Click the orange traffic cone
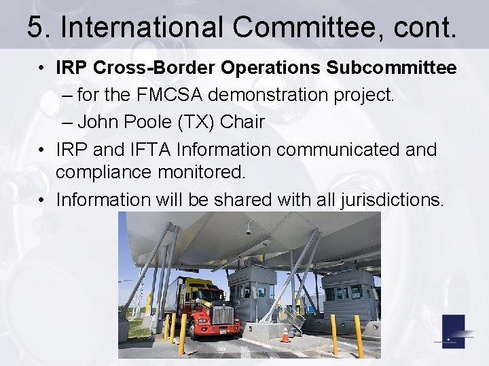pyautogui.click(x=286, y=333)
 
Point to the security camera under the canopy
pyautogui.click(x=247, y=231)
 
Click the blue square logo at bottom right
pyautogui.click(x=453, y=331)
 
